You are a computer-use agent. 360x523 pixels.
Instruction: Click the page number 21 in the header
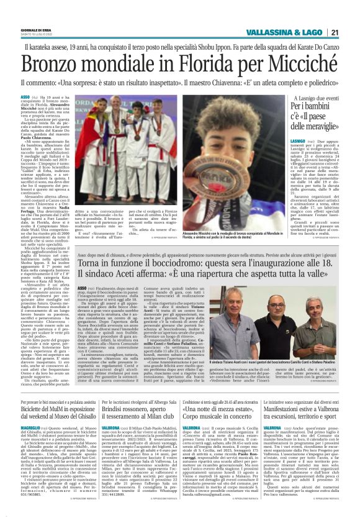(x=334, y=32)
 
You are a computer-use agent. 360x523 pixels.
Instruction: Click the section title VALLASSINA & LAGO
(x=284, y=32)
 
